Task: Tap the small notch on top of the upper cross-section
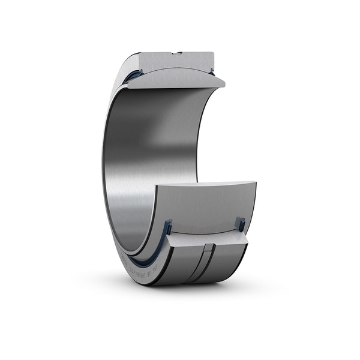[178, 53]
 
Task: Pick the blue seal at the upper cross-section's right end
[212, 72]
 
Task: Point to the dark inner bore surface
[150, 150]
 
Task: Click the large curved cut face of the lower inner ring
[204, 207]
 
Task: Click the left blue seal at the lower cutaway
[168, 228]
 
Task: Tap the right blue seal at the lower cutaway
[241, 224]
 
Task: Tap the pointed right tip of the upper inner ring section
[223, 83]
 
